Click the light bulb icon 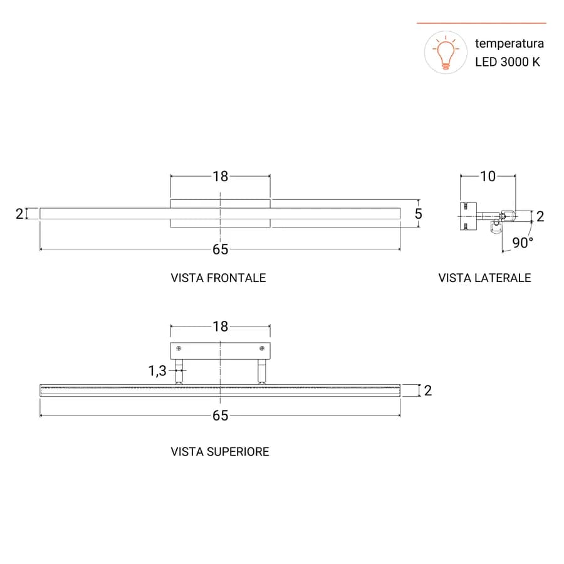coord(446,53)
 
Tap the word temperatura coord(509,43)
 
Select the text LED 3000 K coord(507,62)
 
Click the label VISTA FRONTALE coord(218,278)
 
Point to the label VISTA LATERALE coord(484,278)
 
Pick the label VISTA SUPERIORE coord(220,451)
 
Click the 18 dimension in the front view coord(220,176)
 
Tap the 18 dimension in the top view coord(220,326)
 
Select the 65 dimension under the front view coord(220,249)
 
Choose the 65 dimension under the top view coord(220,415)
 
